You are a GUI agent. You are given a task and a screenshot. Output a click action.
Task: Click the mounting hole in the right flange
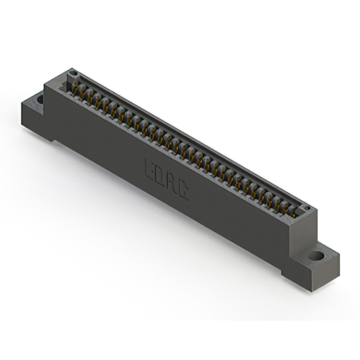317,255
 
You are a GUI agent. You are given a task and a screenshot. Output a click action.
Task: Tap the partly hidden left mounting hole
40,100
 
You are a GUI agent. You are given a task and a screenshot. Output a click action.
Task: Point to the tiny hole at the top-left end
72,74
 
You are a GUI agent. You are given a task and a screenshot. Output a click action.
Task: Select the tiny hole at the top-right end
307,209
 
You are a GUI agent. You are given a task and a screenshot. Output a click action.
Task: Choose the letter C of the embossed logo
183,190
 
